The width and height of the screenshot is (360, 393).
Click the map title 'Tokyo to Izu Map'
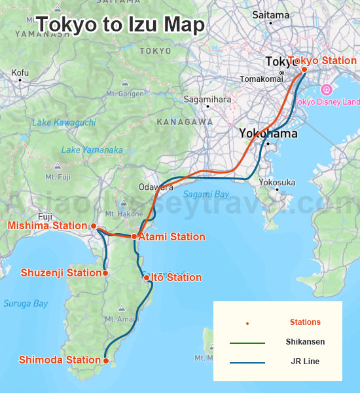120,25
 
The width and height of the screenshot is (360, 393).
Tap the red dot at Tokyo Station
304,69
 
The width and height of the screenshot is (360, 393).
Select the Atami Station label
171,237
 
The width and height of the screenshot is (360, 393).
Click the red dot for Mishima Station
94,226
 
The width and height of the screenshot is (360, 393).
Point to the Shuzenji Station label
61,272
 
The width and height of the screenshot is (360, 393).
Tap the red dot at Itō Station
147,278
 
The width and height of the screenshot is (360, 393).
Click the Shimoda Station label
60,360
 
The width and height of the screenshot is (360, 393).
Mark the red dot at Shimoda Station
105,360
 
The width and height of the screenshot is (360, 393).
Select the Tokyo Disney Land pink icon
326,90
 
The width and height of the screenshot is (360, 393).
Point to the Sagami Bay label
206,195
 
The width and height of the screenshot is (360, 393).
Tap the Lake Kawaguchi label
63,122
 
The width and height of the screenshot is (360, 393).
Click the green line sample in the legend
247,343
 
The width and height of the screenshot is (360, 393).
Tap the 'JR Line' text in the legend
305,362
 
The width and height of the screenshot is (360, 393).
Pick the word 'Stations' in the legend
305,322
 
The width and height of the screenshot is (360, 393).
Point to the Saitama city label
270,14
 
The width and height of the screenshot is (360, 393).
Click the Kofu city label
20,72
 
